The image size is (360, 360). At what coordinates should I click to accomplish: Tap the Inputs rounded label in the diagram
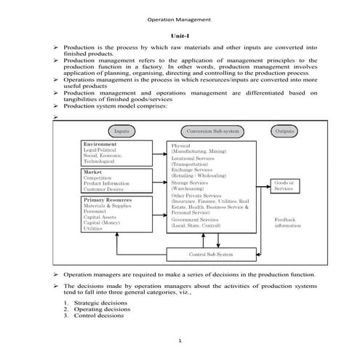tap(122, 131)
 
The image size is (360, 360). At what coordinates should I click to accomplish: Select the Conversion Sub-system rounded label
tap(212, 131)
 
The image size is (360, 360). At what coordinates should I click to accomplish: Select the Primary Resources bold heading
tap(107, 199)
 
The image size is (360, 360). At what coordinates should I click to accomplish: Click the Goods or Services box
tap(284, 185)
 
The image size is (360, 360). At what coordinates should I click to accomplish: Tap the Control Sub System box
tap(211, 255)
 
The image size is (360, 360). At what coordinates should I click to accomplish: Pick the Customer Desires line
tap(105, 189)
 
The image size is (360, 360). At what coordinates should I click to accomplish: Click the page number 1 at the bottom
tap(180, 341)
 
